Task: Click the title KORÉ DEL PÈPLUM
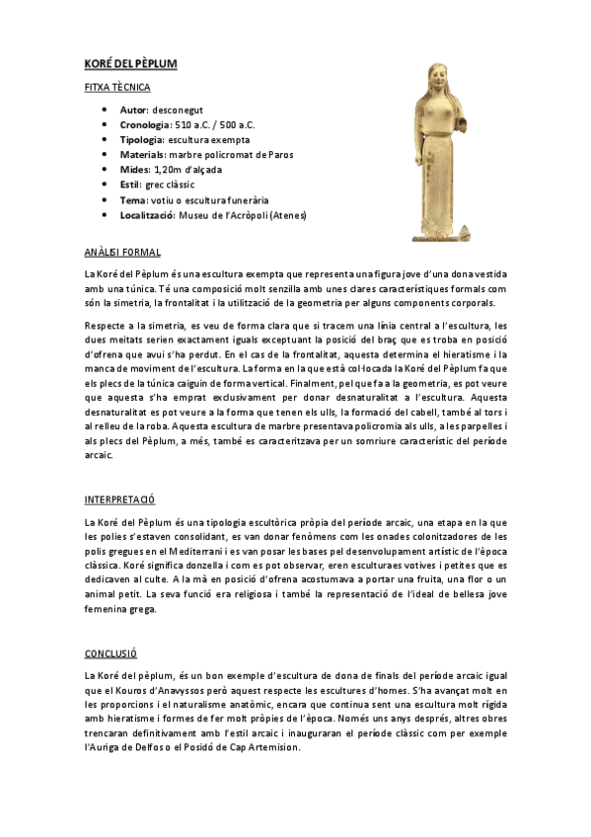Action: click(130, 64)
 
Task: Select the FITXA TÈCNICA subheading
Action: click(117, 87)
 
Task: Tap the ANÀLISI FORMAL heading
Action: click(122, 253)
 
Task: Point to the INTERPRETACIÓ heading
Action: click(121, 500)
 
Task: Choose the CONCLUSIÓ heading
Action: click(111, 653)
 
